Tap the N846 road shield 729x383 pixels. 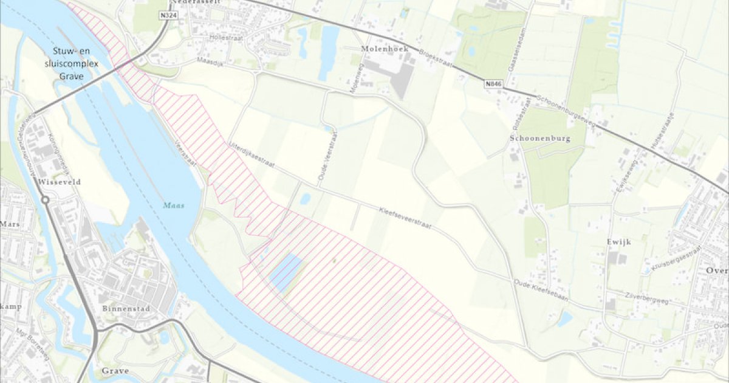(x=495, y=85)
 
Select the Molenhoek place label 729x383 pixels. (x=382, y=48)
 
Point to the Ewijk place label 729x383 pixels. (x=619, y=241)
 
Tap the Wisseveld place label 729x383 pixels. (x=59, y=181)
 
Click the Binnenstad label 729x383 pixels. (x=126, y=308)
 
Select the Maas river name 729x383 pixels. (x=173, y=205)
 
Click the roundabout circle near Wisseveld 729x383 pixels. (x=44, y=200)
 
